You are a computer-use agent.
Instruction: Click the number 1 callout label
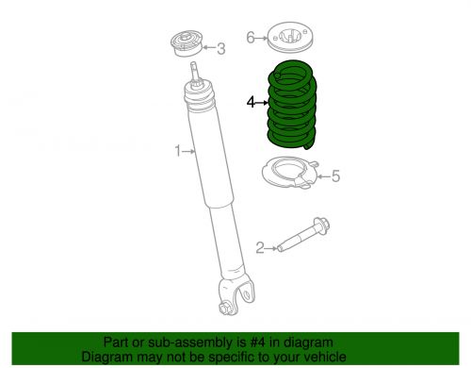(178, 151)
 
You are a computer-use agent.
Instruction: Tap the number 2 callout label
(260, 248)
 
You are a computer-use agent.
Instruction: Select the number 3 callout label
(221, 49)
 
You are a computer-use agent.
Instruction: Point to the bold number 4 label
(251, 102)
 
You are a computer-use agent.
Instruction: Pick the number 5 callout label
(335, 176)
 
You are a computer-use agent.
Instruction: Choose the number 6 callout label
(251, 38)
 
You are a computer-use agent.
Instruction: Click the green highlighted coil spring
(292, 105)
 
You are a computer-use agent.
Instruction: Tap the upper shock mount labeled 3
(187, 43)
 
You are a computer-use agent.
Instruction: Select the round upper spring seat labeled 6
(290, 37)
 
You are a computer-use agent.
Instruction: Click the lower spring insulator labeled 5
(290, 173)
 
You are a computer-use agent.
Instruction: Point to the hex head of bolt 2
(322, 225)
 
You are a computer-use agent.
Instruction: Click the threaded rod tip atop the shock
(195, 72)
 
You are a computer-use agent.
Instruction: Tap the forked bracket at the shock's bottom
(236, 294)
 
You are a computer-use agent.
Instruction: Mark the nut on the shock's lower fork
(224, 309)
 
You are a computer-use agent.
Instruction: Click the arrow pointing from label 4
(262, 103)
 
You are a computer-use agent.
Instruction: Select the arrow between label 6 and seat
(261, 38)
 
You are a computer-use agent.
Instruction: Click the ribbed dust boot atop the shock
(199, 96)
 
